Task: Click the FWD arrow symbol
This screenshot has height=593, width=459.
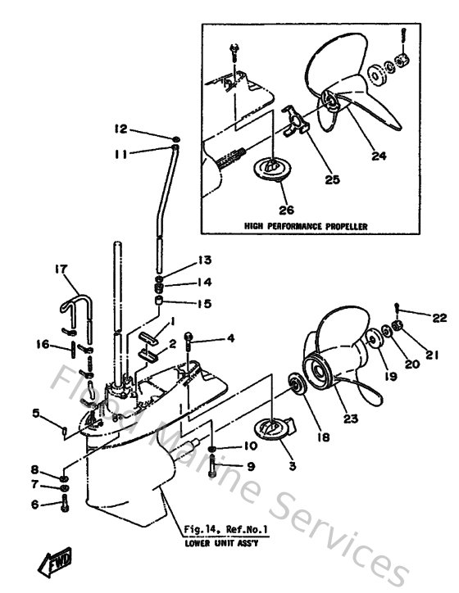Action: click(x=51, y=564)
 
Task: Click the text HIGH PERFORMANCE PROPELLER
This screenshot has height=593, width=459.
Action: click(x=305, y=224)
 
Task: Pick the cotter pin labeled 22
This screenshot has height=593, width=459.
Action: click(x=397, y=309)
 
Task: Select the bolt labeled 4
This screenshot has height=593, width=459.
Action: click(x=189, y=337)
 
